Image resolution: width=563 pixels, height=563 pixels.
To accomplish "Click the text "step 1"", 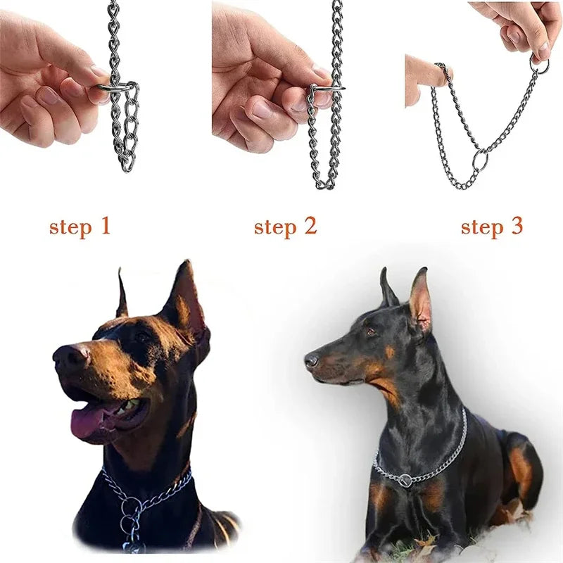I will (x=80, y=227).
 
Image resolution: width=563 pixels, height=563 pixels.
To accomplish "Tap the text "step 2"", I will (x=285, y=227).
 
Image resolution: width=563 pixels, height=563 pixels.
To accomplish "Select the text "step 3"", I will (x=491, y=227).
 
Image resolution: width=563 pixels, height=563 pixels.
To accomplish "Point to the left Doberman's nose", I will (x=66, y=356).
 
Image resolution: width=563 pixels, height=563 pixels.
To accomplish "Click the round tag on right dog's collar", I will (x=405, y=481).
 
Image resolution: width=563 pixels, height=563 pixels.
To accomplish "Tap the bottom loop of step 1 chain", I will (x=127, y=165).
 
